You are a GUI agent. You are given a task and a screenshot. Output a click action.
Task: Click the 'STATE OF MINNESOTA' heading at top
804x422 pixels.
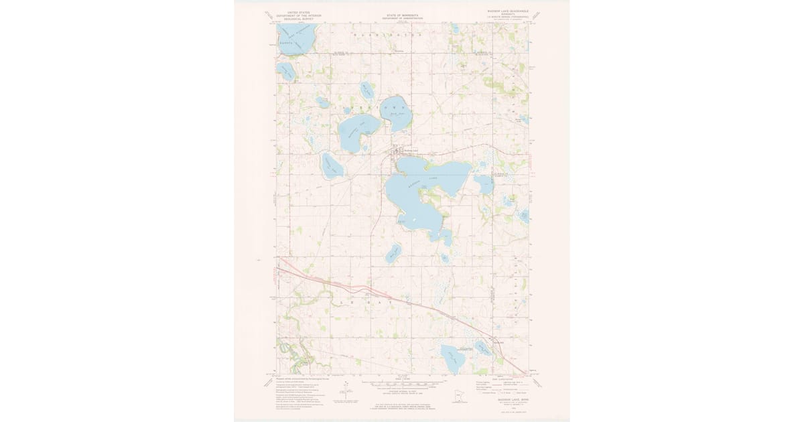401,13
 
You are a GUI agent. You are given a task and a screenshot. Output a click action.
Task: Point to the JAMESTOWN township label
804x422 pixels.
375,107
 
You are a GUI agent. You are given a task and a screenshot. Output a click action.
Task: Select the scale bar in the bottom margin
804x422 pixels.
401,385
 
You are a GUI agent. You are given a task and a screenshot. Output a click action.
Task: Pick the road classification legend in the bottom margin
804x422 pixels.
499,386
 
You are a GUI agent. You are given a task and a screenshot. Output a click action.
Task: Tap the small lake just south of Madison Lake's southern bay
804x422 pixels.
444,258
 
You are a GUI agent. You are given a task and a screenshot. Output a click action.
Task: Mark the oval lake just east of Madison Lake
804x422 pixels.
484,184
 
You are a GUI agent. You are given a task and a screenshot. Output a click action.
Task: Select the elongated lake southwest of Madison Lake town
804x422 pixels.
332,165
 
